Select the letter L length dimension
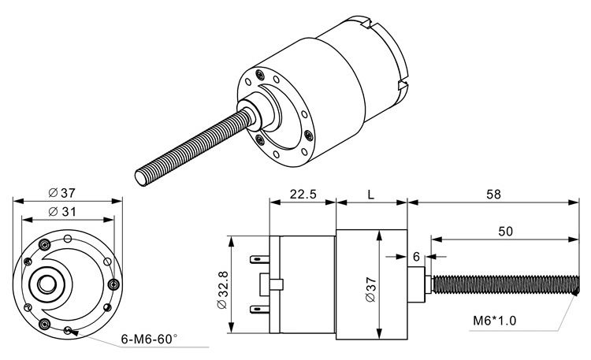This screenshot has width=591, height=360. coord(371,195)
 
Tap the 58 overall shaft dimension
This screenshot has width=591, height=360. coord(495,195)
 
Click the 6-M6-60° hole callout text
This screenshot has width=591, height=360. coord(148,340)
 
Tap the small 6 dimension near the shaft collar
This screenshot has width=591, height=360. coord(416,256)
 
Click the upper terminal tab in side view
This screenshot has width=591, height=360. coord(259,258)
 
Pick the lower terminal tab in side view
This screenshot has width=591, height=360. coord(259,310)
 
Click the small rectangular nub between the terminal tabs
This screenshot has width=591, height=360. coord(275,284)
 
